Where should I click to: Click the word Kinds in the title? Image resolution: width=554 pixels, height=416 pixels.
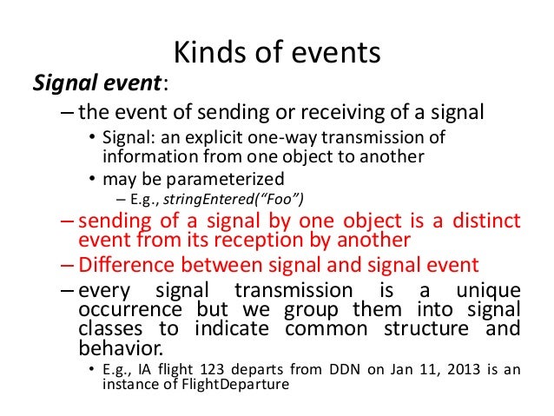point(210,52)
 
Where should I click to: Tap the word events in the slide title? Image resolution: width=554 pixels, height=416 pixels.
point(336,53)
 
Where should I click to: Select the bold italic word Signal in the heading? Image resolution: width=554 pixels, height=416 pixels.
point(64,83)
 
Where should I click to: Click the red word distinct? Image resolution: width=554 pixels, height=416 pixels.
point(486,221)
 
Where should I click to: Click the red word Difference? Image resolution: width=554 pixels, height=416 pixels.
point(127,265)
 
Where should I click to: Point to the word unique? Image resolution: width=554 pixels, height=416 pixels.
point(488,292)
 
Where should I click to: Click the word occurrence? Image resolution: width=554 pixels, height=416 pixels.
point(130,310)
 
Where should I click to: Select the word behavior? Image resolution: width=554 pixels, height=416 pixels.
point(121,347)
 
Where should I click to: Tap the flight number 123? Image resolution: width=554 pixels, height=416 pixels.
point(212,369)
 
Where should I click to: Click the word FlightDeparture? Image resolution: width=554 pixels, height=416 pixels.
point(235,384)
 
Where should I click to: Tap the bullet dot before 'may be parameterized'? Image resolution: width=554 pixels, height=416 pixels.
point(92,179)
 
